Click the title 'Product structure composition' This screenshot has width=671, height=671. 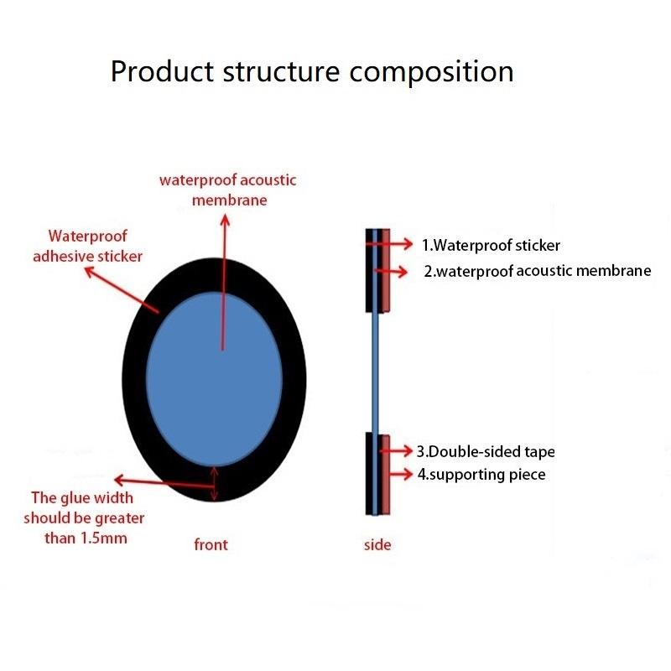click(x=312, y=71)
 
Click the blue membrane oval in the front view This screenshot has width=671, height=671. click(x=214, y=379)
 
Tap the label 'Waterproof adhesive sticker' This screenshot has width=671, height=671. click(x=88, y=246)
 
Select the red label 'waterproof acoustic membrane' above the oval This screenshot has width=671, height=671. click(x=228, y=190)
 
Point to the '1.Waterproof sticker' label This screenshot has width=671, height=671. click(x=491, y=245)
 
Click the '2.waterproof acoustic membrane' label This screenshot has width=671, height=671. click(x=538, y=271)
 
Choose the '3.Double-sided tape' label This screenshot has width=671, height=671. click(x=486, y=451)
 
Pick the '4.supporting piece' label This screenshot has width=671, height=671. click(x=481, y=475)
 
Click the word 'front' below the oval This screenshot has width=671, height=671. click(x=211, y=544)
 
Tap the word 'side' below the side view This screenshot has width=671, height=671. click(x=377, y=544)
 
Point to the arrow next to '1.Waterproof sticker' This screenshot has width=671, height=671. click(x=389, y=244)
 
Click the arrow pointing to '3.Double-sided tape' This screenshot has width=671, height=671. click(x=396, y=450)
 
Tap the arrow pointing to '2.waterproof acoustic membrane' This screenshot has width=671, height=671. click(x=391, y=271)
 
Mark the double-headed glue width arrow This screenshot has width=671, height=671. click(x=215, y=484)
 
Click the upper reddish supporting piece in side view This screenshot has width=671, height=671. click(x=386, y=270)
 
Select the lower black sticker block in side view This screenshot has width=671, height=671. click(x=369, y=474)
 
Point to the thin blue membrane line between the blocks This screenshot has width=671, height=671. click(x=375, y=372)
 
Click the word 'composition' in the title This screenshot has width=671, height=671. click(x=431, y=73)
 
